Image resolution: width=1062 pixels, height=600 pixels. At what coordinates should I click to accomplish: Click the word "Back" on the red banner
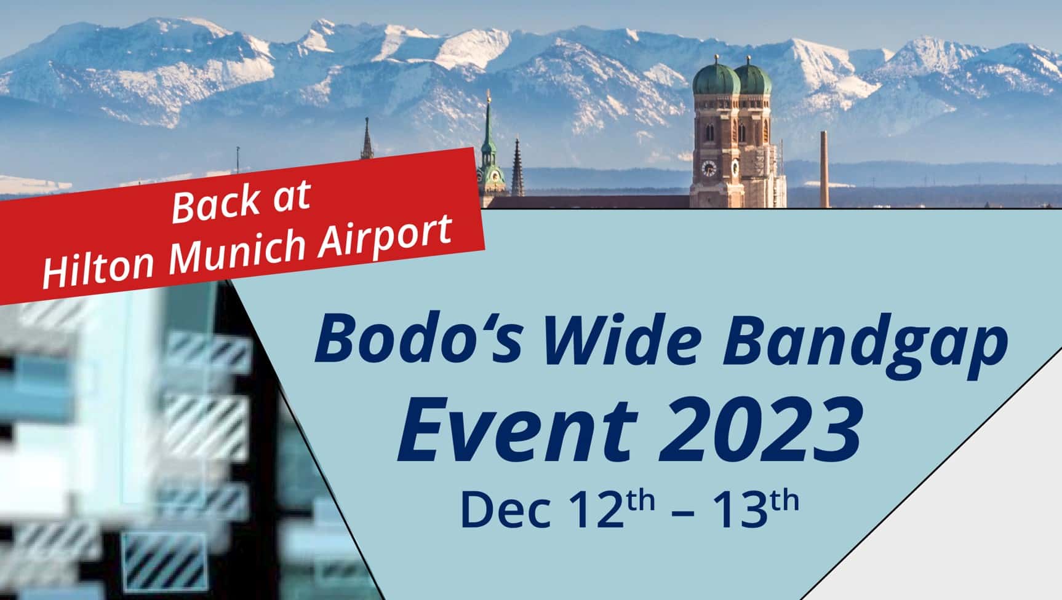click(215, 204)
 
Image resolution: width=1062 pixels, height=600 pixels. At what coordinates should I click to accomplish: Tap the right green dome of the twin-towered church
click(753, 78)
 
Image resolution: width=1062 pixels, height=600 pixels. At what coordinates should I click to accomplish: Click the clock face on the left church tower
click(709, 168)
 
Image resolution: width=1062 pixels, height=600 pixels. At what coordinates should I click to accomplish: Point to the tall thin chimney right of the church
click(824, 169)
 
